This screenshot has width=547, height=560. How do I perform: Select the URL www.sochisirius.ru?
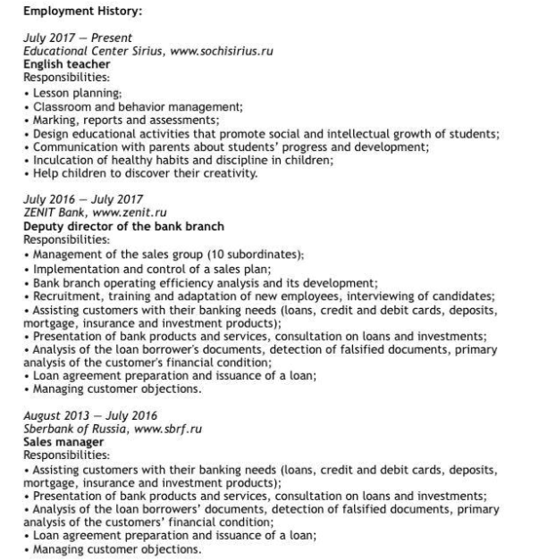pos(230,51)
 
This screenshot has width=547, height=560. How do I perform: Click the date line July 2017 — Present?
pos(78,38)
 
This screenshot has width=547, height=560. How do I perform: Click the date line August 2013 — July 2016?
pos(89,415)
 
